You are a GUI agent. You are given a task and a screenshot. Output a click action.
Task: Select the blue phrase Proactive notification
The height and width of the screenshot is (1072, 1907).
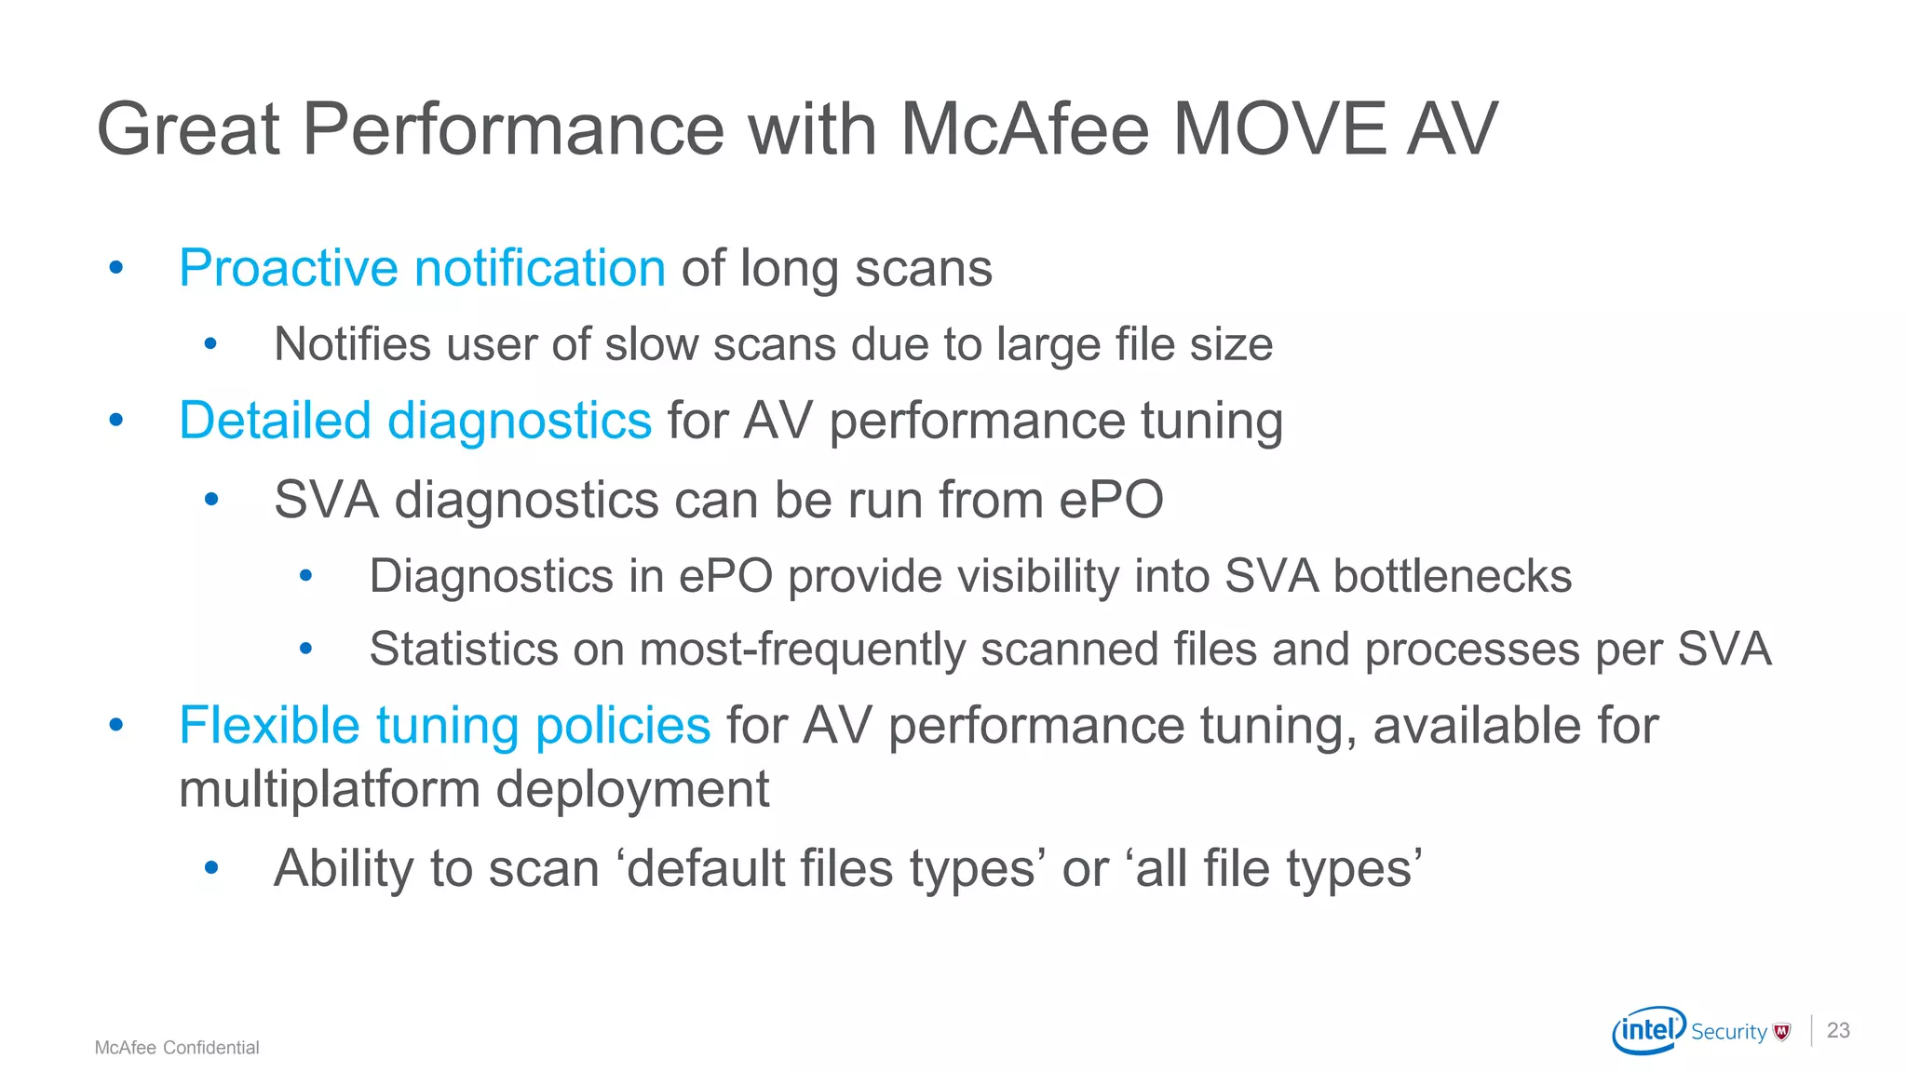pyautogui.click(x=422, y=268)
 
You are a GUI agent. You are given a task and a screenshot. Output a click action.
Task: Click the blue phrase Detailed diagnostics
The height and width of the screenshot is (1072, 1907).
pyautogui.click(x=415, y=420)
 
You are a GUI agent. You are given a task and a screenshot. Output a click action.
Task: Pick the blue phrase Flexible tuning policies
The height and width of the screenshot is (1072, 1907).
pyautogui.click(x=444, y=725)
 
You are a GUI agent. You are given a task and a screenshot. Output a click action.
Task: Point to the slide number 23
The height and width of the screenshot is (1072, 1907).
pyautogui.click(x=1838, y=1030)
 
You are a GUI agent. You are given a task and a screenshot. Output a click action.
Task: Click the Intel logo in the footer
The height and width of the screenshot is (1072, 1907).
pyautogui.click(x=1648, y=1030)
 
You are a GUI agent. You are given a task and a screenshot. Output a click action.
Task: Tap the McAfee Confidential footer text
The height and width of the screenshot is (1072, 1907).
pyautogui.click(x=177, y=1048)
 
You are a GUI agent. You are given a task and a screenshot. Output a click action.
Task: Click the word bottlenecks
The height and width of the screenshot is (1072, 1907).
pyautogui.click(x=1452, y=576)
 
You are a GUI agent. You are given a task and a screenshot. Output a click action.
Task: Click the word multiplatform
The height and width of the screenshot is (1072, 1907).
pyautogui.click(x=329, y=789)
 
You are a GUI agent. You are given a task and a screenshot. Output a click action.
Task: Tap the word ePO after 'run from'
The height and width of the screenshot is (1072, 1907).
pyautogui.click(x=1112, y=500)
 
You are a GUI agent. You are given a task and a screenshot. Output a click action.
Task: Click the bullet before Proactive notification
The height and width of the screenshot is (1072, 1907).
pyautogui.click(x=116, y=269)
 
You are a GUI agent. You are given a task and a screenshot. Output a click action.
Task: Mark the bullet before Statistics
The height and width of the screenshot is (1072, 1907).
pyautogui.click(x=305, y=649)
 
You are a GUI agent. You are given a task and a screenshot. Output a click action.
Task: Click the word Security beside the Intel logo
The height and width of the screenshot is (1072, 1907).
pyautogui.click(x=1728, y=1032)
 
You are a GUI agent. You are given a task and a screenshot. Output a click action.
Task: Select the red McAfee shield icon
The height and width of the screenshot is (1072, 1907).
pyautogui.click(x=1782, y=1031)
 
